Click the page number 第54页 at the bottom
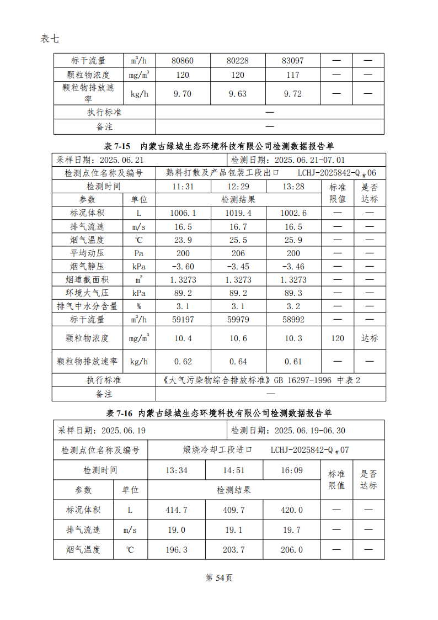pos(218,577)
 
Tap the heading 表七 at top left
pos(49,38)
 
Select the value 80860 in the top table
pos(183,61)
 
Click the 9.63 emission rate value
pos(238,93)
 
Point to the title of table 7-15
pos(219,146)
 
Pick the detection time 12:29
pos(238,187)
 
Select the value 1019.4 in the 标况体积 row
pos(238,213)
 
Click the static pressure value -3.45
pos(238,267)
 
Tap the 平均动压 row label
pos(87,253)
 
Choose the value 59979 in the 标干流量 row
pos(238,320)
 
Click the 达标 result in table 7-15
pos(369,338)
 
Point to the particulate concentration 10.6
pos(238,338)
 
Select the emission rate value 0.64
pos(238,362)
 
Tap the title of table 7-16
pos(219,413)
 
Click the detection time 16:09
pos(292,470)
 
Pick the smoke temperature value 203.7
pos(234,550)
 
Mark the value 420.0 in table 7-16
pos(292,510)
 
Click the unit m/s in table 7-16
pos(130,530)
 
